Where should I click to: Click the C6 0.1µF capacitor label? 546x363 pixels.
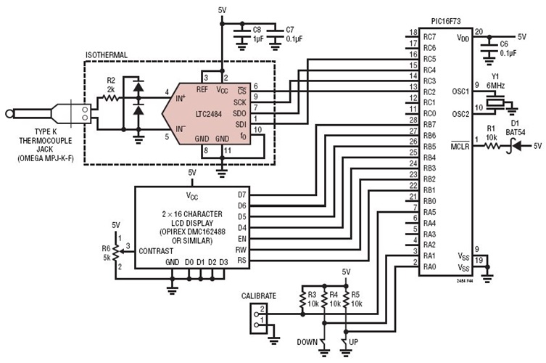coord(508,49)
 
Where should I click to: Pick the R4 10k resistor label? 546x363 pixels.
coord(334,298)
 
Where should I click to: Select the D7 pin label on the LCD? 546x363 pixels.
coord(241,195)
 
